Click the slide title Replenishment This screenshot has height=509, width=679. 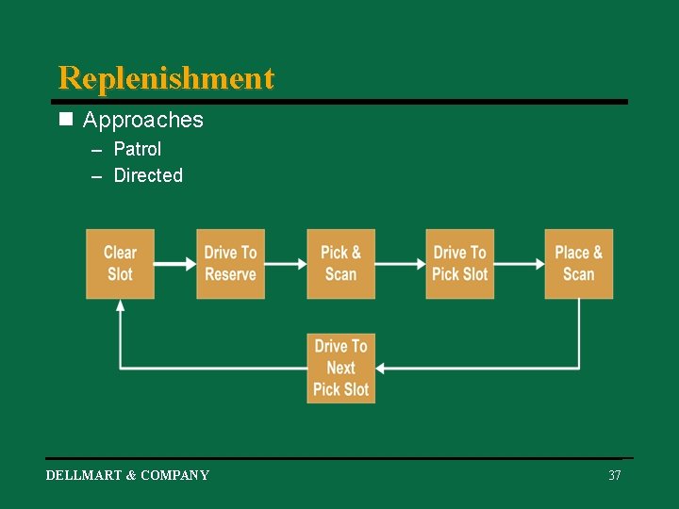[166, 77]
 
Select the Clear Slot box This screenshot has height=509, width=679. [120, 264]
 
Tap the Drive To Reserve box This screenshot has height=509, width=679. [230, 264]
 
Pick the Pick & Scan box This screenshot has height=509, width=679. [340, 264]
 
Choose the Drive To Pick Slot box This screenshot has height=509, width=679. [459, 264]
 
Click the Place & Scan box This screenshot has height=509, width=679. [578, 264]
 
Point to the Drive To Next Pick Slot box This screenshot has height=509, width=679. [340, 368]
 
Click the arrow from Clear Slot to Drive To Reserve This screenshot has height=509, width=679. [174, 265]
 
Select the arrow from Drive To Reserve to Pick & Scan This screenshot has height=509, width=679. [285, 265]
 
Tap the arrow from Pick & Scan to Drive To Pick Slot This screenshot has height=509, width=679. [400, 265]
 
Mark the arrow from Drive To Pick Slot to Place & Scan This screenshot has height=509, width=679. [519, 265]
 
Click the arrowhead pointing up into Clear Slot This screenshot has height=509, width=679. [120, 306]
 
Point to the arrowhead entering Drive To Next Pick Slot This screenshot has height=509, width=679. [383, 368]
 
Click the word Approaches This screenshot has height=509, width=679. [142, 120]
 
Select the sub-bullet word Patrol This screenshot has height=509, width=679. [138, 149]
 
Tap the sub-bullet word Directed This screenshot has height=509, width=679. [148, 175]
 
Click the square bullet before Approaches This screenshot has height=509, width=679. [65, 120]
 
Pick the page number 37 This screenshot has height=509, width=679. [615, 475]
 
